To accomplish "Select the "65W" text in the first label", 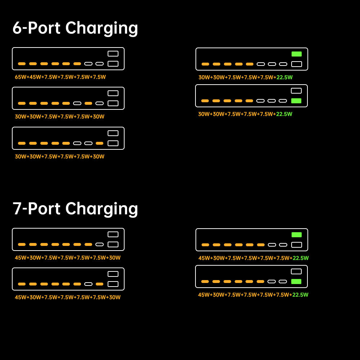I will point(20,77).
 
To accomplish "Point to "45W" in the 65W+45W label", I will point(35,77).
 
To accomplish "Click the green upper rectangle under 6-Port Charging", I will point(297,54).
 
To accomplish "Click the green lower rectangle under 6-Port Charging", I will point(296,101).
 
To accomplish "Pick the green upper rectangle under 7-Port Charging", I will point(297,235).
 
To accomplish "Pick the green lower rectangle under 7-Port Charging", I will point(296,282).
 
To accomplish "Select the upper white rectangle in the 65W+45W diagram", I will point(113,54).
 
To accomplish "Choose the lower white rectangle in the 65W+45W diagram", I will point(113,64).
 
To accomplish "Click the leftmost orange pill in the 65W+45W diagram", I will point(22,64).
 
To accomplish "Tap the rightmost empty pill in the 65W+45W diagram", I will point(99,64).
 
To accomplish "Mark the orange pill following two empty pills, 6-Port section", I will point(99,143).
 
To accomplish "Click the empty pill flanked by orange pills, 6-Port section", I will point(77,103).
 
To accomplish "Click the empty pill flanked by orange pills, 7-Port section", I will point(88,284).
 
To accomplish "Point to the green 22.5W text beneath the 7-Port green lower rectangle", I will point(300,295).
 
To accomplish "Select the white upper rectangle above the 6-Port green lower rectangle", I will point(296,91).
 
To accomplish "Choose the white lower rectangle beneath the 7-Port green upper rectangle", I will point(297,245).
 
